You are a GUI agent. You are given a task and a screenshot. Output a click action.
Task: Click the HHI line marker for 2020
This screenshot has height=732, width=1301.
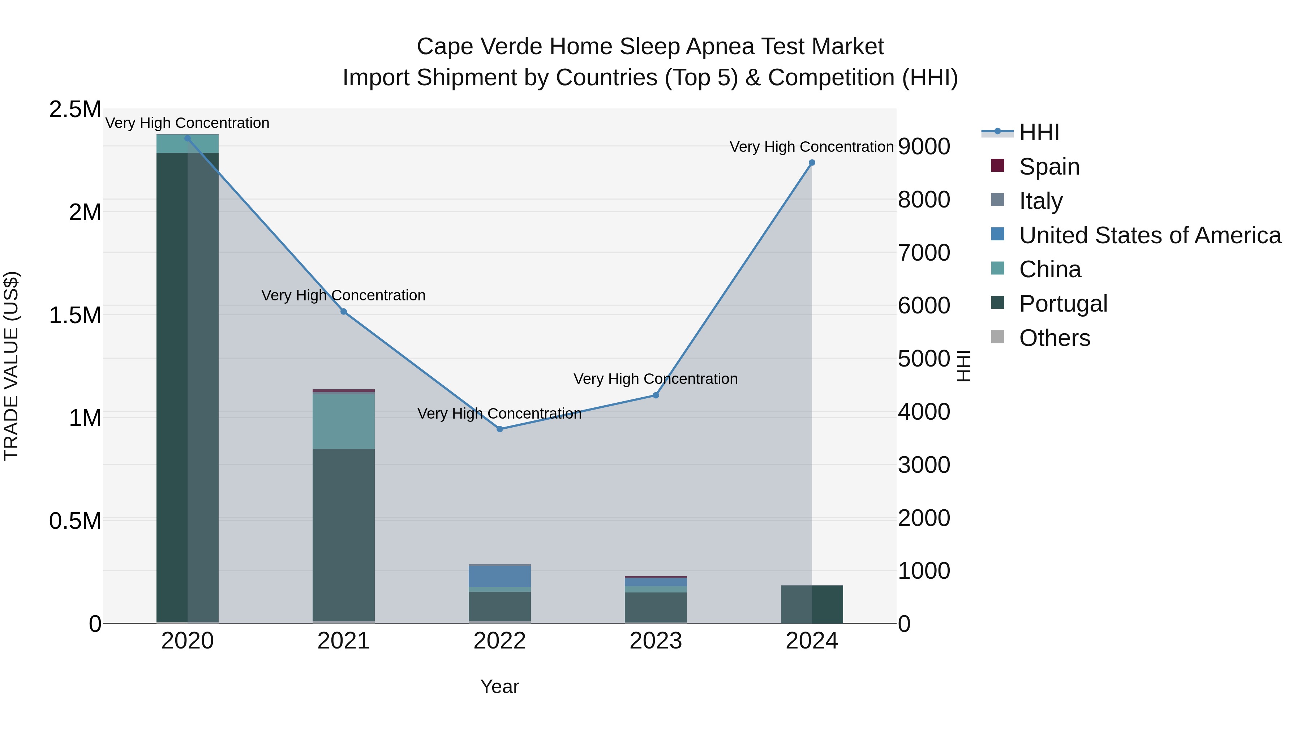tap(187, 138)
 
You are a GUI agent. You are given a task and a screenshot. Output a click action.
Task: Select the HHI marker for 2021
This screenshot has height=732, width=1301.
tap(343, 312)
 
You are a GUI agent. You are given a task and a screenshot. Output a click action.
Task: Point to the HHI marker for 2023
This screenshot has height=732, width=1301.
tap(656, 395)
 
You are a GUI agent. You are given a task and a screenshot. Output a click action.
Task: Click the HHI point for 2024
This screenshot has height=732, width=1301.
tap(812, 163)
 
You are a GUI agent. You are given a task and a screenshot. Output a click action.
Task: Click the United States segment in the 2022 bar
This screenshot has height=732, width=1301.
tap(499, 577)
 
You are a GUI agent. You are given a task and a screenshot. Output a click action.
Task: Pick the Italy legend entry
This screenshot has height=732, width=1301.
tap(1040, 201)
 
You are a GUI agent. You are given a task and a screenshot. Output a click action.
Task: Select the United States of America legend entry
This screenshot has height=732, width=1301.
tap(1150, 235)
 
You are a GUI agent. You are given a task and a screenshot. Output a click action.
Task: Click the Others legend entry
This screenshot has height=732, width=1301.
tap(1054, 338)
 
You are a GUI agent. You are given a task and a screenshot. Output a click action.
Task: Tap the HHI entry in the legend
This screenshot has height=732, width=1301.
tap(1038, 132)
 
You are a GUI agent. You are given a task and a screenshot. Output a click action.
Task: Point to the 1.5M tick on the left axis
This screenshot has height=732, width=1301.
tap(75, 315)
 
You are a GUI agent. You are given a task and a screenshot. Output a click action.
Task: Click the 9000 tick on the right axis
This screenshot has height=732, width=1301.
tap(924, 146)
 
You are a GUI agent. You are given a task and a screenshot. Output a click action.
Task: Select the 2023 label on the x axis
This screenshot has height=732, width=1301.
tap(656, 641)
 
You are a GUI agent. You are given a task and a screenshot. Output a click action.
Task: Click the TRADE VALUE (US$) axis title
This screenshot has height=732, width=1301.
tap(11, 366)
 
